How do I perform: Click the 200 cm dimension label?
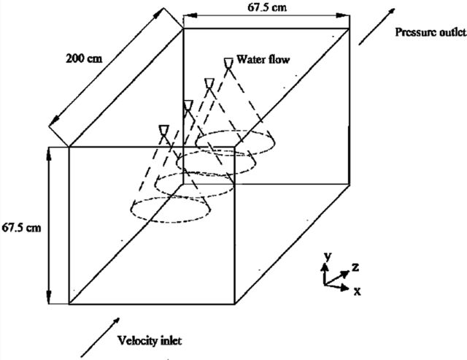coord(84,58)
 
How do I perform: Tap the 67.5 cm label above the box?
coord(267,7)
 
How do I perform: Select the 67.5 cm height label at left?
coord(21,228)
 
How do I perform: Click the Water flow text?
coord(263,59)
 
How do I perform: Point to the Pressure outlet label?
coord(431,32)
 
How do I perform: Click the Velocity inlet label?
coord(150,340)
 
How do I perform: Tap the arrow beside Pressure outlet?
coord(377,27)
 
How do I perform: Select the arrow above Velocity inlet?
coord(101,337)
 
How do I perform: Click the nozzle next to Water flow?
coord(228,63)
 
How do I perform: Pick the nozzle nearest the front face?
coord(163,130)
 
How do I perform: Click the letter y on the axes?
coord(328,256)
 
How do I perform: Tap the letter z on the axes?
coord(355,267)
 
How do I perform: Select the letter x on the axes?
coord(357,291)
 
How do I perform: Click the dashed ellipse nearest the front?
coord(170,197)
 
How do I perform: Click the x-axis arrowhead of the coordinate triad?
coord(345,288)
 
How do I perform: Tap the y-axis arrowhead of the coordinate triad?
coord(324,267)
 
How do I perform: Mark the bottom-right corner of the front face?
coord(235,304)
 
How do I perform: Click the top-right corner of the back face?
coord(349,28)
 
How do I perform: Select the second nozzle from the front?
coord(188,105)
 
